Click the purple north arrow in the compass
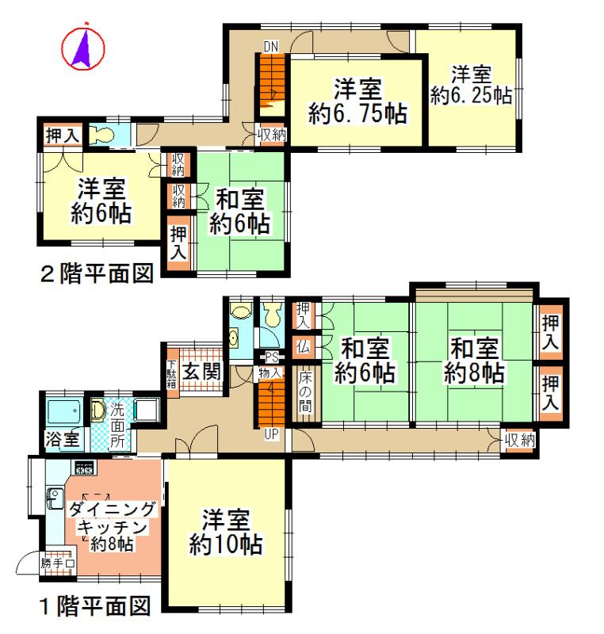(x=83, y=48)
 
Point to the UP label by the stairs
(x=271, y=434)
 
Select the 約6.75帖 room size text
(x=357, y=114)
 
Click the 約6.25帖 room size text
(x=471, y=96)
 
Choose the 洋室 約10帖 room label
(x=226, y=533)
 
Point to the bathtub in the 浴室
(x=65, y=412)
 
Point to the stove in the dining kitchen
(x=83, y=467)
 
